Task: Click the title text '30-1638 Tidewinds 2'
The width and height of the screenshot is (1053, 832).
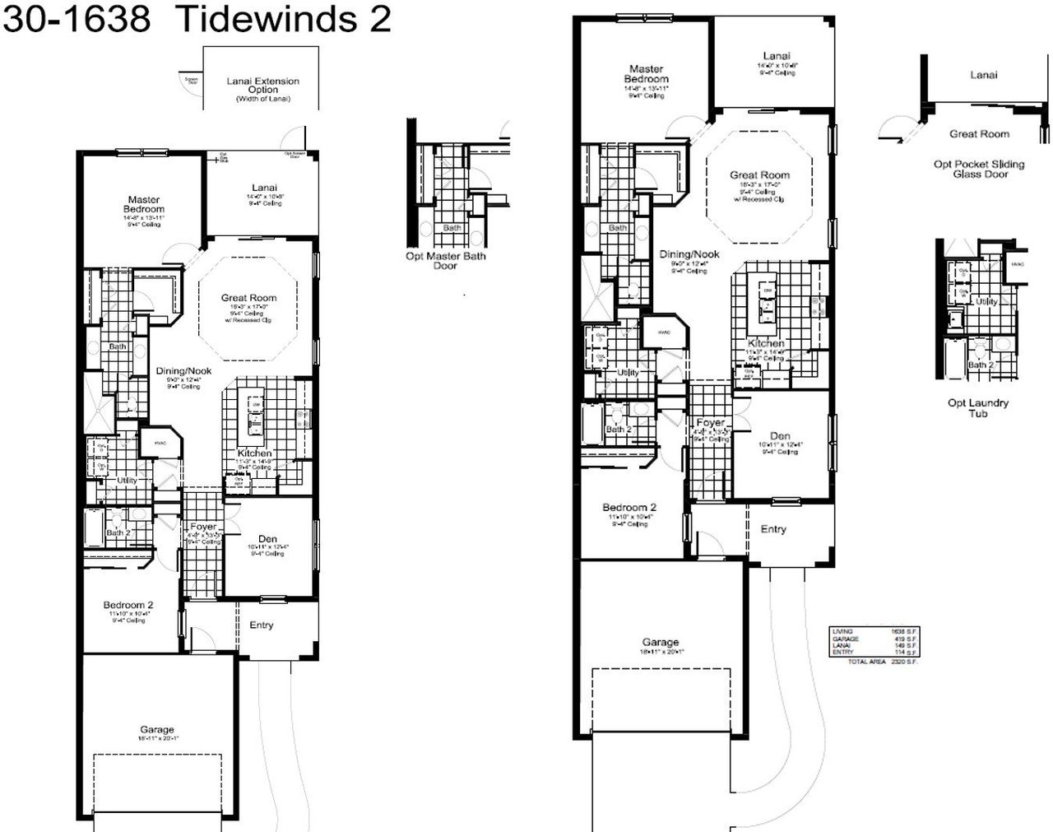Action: pyautogui.click(x=196, y=18)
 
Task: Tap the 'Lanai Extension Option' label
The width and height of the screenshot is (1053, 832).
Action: pyautogui.click(x=262, y=86)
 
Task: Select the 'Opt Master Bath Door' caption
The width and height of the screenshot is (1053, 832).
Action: pyautogui.click(x=445, y=261)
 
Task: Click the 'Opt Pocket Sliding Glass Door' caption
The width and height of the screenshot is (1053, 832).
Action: pyautogui.click(x=979, y=169)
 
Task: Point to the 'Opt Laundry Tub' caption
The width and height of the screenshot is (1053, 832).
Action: pyautogui.click(x=977, y=408)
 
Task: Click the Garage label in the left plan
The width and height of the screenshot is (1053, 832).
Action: pyautogui.click(x=156, y=729)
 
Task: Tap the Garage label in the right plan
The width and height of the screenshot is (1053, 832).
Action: pyautogui.click(x=660, y=642)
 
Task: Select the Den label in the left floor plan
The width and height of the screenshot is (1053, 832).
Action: pyautogui.click(x=267, y=539)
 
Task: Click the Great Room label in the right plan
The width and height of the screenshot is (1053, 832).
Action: pyautogui.click(x=759, y=174)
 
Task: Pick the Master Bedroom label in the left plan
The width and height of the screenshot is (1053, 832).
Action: pyautogui.click(x=144, y=204)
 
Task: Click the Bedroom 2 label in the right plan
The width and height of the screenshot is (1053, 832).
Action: pyautogui.click(x=629, y=508)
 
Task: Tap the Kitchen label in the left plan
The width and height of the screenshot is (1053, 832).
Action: pyautogui.click(x=254, y=453)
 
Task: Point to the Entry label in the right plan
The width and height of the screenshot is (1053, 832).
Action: pyautogui.click(x=772, y=529)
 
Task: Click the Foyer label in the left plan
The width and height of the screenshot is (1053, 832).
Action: pyautogui.click(x=203, y=527)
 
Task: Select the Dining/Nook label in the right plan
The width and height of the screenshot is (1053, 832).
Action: pyautogui.click(x=689, y=254)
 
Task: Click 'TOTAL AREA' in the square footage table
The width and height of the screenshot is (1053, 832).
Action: pyautogui.click(x=865, y=662)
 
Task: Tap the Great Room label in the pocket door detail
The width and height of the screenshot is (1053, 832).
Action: pyautogui.click(x=979, y=133)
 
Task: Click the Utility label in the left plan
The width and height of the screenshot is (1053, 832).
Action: pyautogui.click(x=127, y=481)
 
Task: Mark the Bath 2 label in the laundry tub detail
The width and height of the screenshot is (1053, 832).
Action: pyautogui.click(x=981, y=365)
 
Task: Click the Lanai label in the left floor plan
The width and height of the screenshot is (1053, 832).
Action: pyautogui.click(x=264, y=188)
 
